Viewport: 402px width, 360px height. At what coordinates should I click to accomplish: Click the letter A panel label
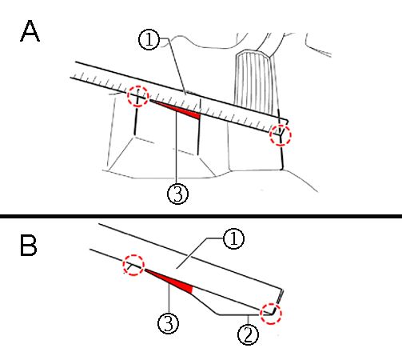coord(30,31)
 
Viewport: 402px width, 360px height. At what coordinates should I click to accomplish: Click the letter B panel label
coord(28,246)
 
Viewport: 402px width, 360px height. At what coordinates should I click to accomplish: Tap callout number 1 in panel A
coord(149,39)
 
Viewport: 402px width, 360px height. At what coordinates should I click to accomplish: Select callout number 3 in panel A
coord(177,194)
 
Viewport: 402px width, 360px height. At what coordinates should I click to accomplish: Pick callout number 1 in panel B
coord(233,239)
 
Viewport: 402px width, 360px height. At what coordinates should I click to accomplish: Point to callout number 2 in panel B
coord(248,334)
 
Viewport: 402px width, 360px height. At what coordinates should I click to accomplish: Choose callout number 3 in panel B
coord(169,323)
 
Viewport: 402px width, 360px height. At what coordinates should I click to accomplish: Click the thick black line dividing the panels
coord(201,216)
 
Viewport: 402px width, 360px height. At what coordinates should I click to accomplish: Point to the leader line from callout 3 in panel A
coord(176,147)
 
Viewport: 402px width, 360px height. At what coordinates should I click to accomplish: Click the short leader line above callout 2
coord(249,319)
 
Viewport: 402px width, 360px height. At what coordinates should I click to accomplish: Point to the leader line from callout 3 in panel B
coord(169,298)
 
